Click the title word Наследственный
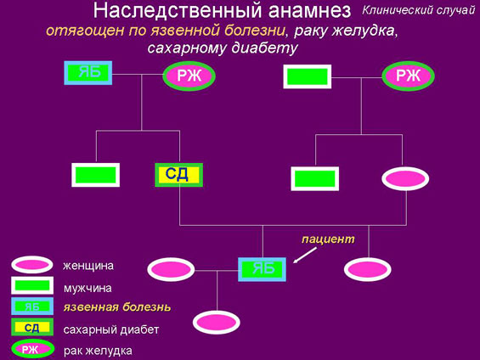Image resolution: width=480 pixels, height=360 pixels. click(x=178, y=10)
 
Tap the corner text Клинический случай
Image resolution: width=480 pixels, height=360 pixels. click(x=419, y=10)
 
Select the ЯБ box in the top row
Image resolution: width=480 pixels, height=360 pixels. click(x=88, y=73)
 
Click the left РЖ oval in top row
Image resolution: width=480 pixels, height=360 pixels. click(x=189, y=76)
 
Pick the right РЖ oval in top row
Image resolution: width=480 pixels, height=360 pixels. click(x=408, y=76)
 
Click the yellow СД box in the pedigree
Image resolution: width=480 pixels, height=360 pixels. click(x=178, y=175)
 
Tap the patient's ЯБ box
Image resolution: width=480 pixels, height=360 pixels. click(x=262, y=269)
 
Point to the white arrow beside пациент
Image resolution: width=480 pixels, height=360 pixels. click(x=305, y=255)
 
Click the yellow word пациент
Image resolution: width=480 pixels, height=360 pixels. click(x=328, y=239)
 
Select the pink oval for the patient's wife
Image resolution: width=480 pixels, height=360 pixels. click(x=171, y=269)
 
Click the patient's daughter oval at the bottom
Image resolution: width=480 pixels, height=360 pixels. click(x=217, y=323)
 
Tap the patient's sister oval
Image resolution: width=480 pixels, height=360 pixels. click(x=368, y=269)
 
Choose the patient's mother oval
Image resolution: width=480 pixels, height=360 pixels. click(x=405, y=178)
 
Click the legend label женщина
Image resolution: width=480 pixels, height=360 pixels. click(x=88, y=266)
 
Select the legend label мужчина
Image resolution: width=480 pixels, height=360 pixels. click(x=88, y=288)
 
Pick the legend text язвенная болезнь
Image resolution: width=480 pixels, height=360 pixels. click(x=117, y=307)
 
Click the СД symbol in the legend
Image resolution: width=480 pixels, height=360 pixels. click(x=32, y=327)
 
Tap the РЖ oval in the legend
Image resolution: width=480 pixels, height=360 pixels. click(x=33, y=349)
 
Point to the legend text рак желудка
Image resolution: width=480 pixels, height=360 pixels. click(x=98, y=351)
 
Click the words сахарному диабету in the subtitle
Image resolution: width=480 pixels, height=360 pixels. click(x=223, y=48)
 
